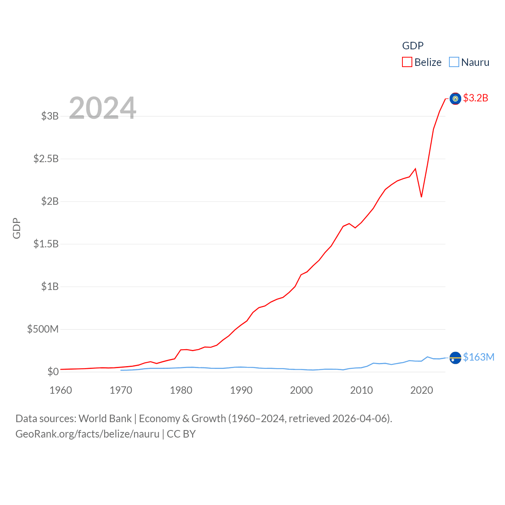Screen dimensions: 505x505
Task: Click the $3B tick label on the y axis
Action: coord(50,116)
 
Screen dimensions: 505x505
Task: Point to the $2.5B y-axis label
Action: coord(46,159)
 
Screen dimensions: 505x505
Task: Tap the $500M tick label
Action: coord(43,329)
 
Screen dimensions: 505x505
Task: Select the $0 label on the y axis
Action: coord(53,372)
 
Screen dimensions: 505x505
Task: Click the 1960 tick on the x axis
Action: coord(61,390)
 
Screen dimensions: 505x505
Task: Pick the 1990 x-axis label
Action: coord(241,390)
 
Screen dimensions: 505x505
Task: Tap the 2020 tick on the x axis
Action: coord(421,390)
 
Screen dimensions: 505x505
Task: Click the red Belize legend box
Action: coord(407,62)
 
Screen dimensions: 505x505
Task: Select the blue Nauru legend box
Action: coord(454,62)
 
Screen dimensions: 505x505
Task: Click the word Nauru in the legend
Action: coord(475,62)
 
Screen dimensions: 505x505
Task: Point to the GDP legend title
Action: coord(413,46)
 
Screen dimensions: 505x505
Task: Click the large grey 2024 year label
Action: coord(103,108)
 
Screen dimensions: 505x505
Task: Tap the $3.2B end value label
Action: coord(475,98)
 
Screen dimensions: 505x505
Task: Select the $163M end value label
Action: coord(479,357)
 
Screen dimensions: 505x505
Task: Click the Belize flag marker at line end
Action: coord(455,99)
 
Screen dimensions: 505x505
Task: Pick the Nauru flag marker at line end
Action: coord(455,358)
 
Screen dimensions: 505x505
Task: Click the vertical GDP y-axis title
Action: coord(17,228)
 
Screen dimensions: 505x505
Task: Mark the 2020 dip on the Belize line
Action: coord(421,196)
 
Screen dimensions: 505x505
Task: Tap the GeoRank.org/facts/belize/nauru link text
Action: coord(87,434)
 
